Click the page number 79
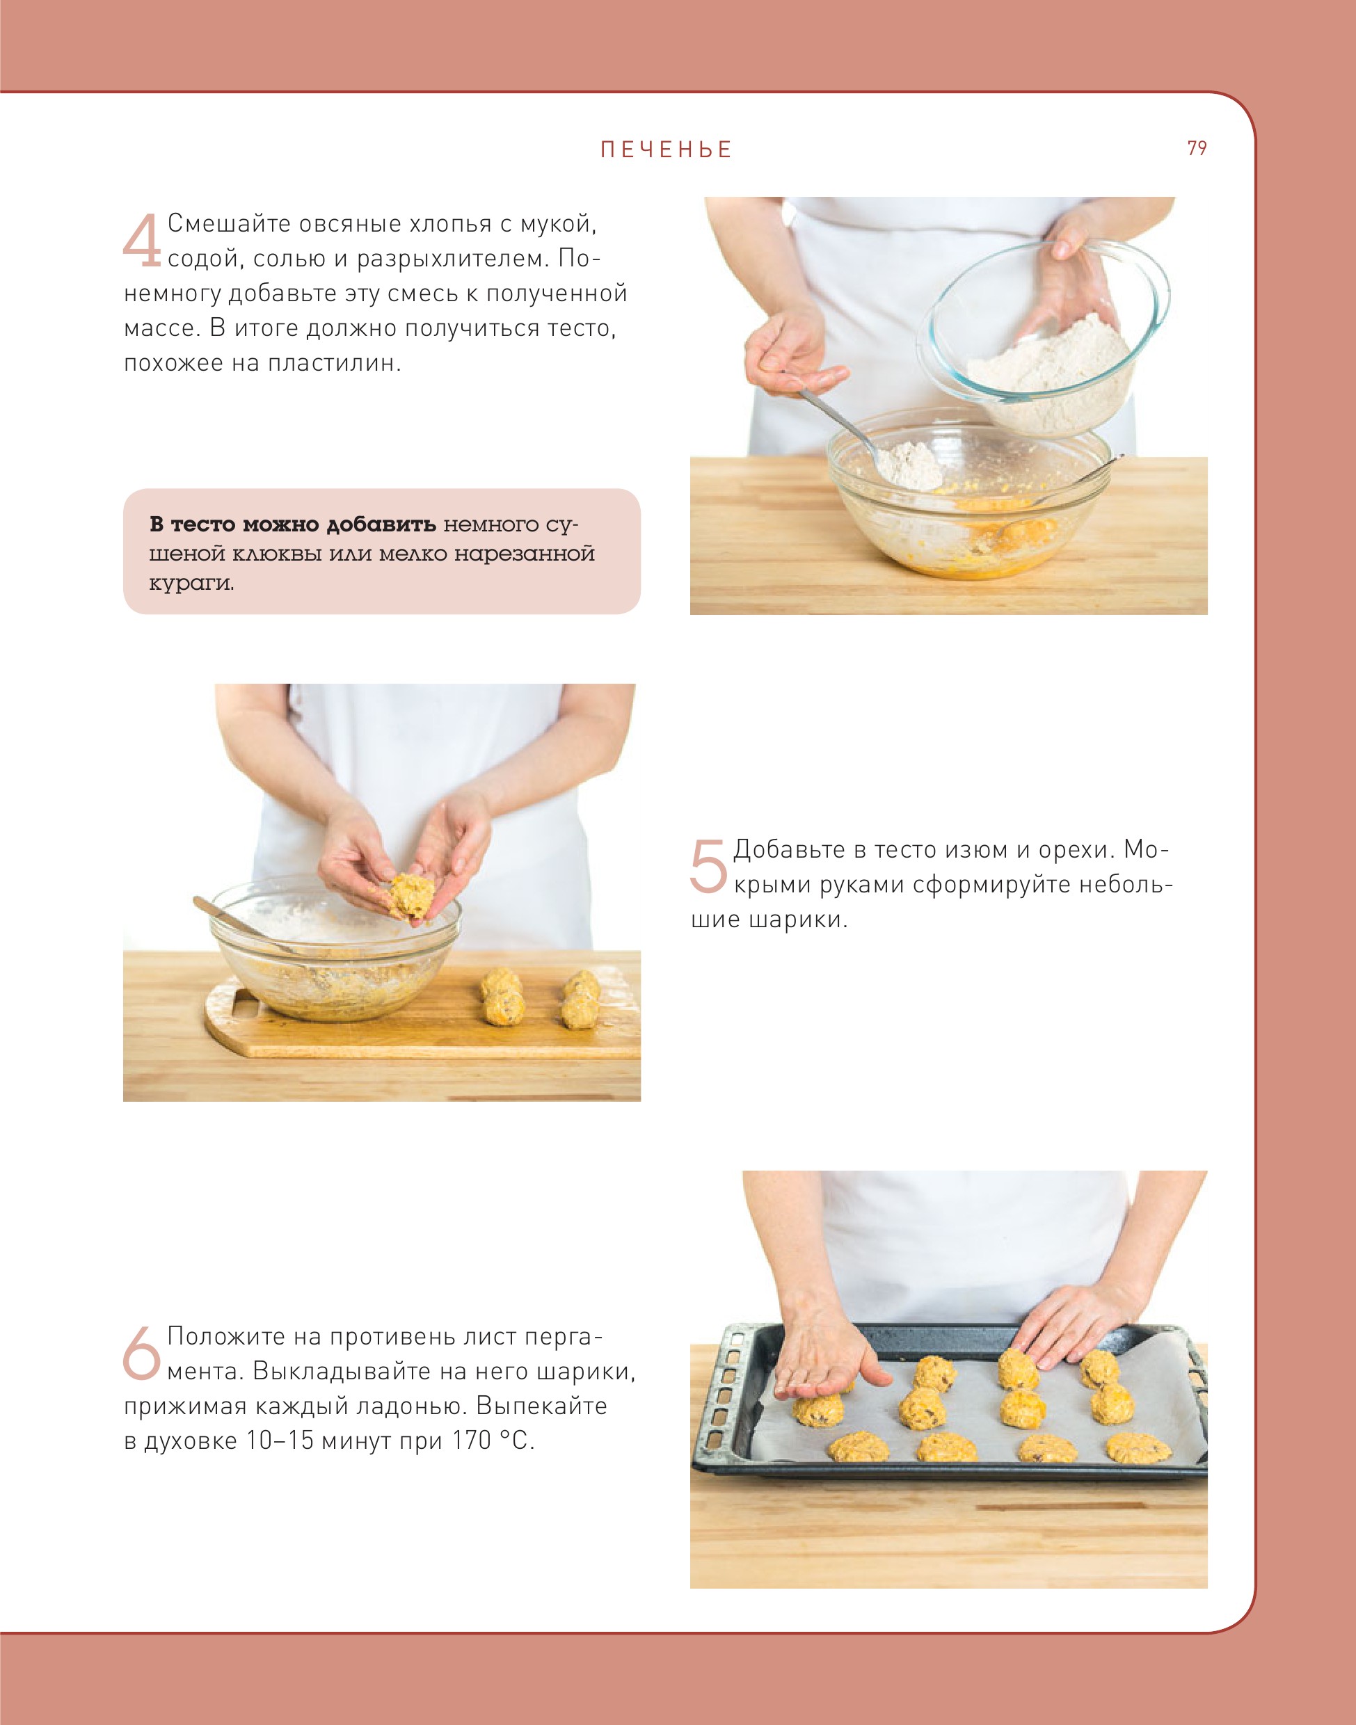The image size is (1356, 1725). (x=1197, y=148)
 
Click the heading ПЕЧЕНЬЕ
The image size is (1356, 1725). (x=666, y=150)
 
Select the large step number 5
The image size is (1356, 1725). (x=708, y=866)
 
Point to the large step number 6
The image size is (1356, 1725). (x=142, y=1352)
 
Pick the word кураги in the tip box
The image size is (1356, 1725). (x=191, y=584)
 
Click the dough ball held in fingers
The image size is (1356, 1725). (x=410, y=895)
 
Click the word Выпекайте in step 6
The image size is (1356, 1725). (x=541, y=1406)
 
